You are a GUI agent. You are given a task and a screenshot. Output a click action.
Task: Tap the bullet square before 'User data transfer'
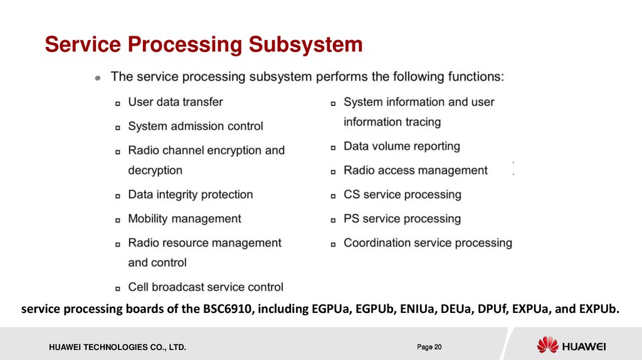pos(118,103)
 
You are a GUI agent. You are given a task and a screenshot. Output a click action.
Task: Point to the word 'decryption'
pos(155,170)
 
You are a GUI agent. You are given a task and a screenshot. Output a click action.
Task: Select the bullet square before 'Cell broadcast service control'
pos(118,288)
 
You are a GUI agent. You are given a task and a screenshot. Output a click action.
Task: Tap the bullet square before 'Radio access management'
pos(334,172)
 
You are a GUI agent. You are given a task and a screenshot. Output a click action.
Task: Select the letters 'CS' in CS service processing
pos(351,194)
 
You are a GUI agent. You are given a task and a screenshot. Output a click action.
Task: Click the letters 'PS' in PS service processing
pos(351,219)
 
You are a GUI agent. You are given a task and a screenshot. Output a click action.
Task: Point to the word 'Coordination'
pos(377,243)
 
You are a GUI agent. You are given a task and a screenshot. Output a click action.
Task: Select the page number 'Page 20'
pos(429,347)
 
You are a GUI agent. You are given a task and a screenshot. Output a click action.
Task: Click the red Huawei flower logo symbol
pos(547,345)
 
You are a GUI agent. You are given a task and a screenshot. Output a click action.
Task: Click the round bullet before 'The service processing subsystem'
pos(97,78)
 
